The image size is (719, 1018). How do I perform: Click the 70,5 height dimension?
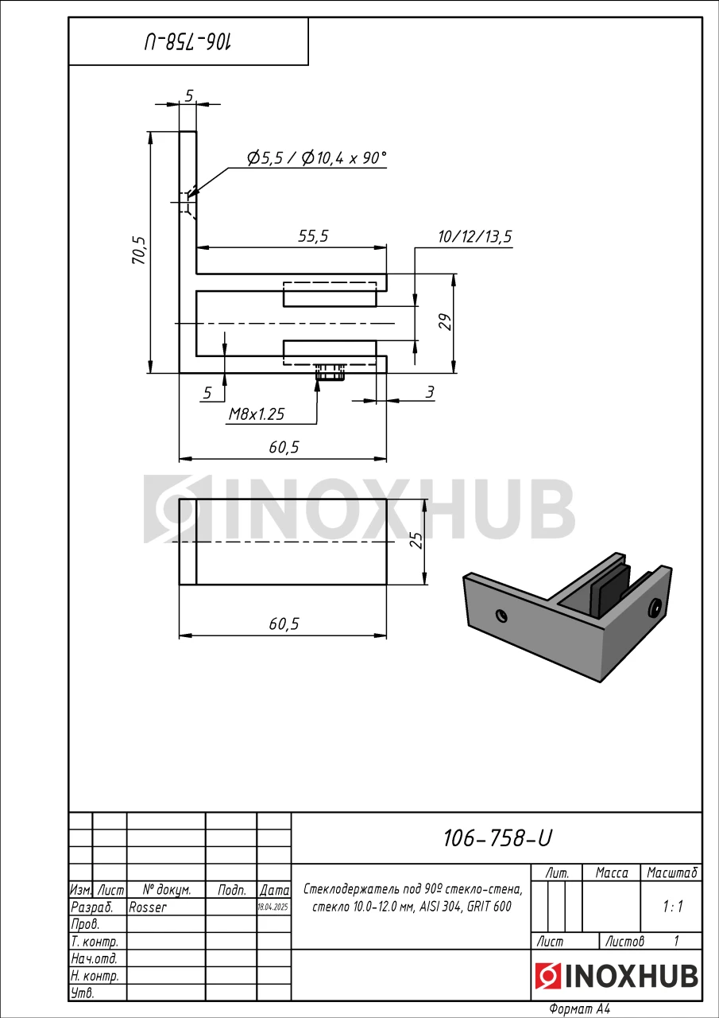click(139, 250)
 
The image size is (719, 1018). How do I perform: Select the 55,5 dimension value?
click(313, 236)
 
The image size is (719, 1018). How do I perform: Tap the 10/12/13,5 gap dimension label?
click(475, 237)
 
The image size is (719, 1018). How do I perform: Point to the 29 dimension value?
click(446, 322)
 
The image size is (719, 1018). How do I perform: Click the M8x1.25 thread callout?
click(257, 414)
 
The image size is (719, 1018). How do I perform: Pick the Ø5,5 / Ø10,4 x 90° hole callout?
click(316, 157)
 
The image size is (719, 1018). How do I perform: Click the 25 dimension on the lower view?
click(416, 540)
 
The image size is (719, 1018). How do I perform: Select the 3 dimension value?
click(429, 392)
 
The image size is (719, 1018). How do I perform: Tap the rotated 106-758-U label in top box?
click(188, 42)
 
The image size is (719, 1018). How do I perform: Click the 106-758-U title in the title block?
click(497, 837)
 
